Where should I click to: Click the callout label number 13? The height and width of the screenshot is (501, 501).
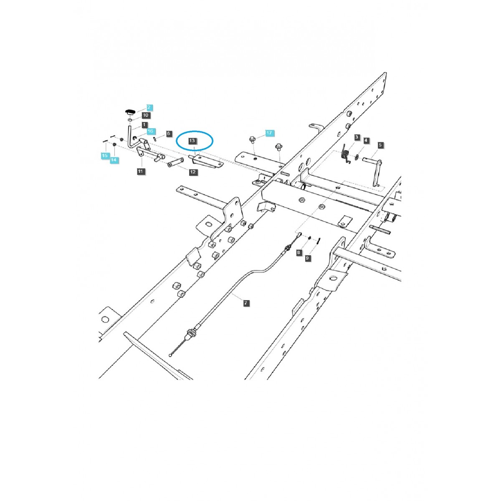192,141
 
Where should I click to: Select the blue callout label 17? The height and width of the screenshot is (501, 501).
269,133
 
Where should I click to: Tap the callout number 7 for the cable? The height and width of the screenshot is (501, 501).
246,303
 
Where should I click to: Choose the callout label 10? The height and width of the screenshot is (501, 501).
145,115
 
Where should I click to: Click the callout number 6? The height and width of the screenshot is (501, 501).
169,134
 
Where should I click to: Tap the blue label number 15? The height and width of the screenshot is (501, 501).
104,156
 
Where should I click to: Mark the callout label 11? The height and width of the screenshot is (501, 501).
140,171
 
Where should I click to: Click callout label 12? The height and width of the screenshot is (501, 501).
193,172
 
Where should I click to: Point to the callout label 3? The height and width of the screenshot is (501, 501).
357,137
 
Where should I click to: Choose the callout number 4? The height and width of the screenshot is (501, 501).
366,141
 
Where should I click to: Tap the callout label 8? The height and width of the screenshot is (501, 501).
299,253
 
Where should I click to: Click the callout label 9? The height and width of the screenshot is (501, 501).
308,258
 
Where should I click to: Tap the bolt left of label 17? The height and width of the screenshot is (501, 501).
253,139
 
